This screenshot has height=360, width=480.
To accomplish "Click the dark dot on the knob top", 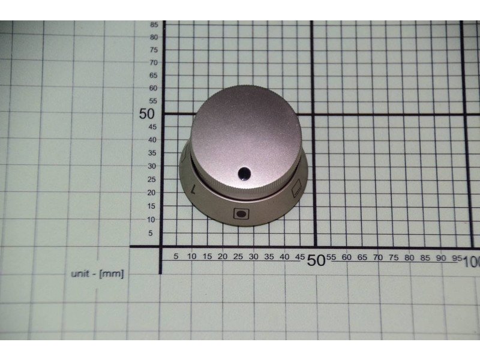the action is (x=244, y=173).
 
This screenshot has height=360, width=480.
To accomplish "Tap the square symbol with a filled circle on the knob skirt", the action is (x=241, y=214).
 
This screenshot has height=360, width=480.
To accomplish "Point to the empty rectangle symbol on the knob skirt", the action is (x=297, y=188).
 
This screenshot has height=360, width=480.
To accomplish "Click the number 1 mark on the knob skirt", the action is (x=193, y=189).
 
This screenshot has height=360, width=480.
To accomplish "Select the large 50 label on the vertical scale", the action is (x=146, y=114).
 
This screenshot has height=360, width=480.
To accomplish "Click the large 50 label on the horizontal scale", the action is (x=316, y=260).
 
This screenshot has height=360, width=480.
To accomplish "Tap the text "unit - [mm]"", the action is (x=97, y=274).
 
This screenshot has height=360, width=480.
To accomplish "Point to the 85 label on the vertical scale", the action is (x=154, y=25).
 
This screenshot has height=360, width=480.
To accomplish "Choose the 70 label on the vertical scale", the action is (x=154, y=63).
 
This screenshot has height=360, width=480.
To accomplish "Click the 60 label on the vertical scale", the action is (x=153, y=88).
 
